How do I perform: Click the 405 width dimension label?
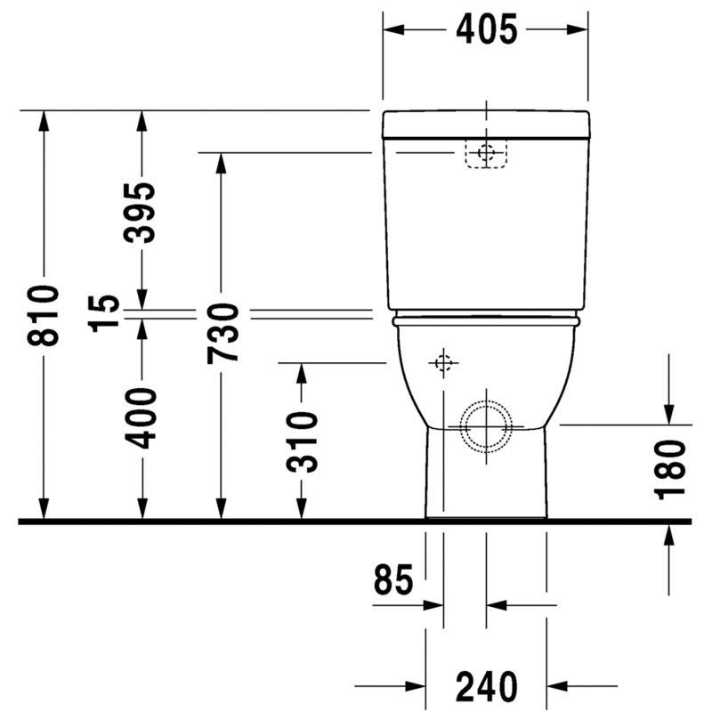tap(486, 29)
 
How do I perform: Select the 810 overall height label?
tap(43, 315)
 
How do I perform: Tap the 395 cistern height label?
tap(140, 213)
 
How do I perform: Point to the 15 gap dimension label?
tap(103, 314)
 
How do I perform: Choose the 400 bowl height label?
tap(141, 418)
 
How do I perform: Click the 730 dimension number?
tap(223, 334)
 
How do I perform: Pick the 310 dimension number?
tap(302, 441)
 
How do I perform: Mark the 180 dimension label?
tap(669, 470)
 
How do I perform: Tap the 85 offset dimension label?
tap(393, 580)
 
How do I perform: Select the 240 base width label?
tap(486, 686)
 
